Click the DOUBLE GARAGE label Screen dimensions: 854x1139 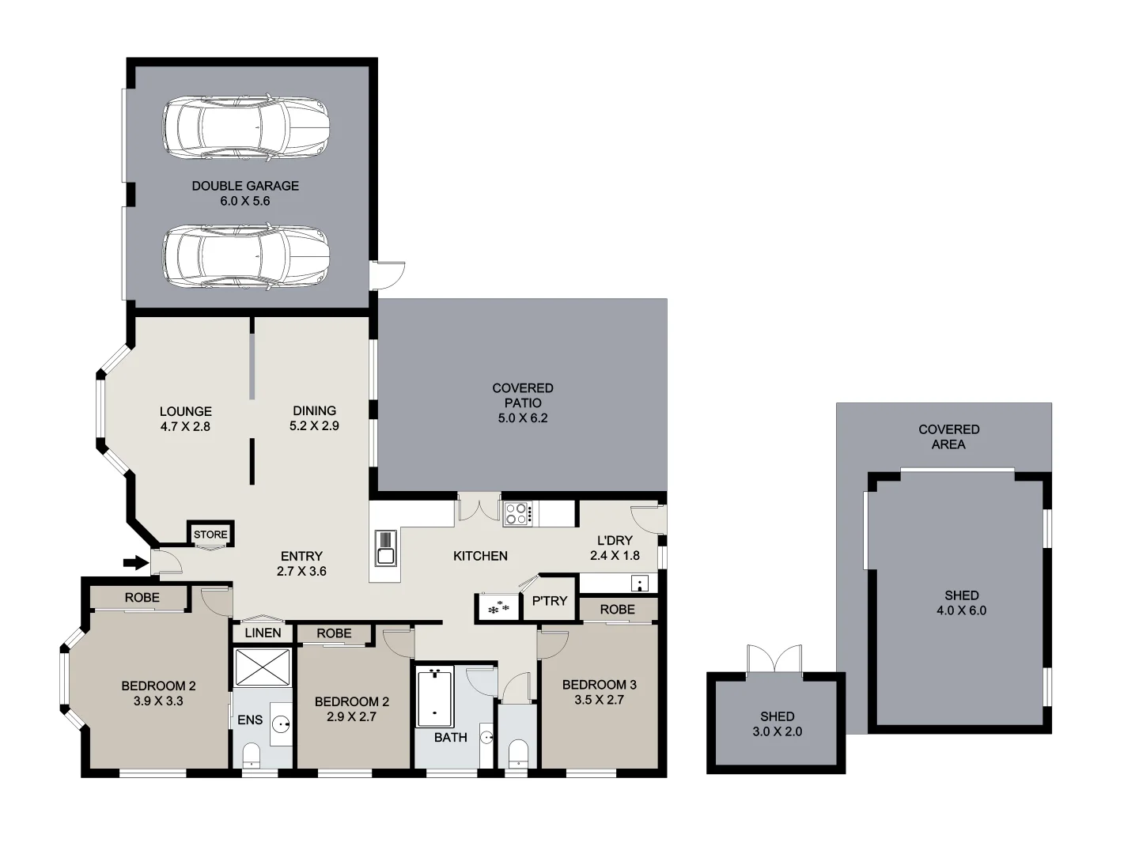click(x=245, y=186)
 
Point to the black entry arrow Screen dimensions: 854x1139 click(x=136, y=563)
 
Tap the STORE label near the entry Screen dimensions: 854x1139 click(x=210, y=535)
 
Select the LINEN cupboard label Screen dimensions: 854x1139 click(x=263, y=633)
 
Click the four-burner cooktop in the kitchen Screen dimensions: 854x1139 click(x=518, y=514)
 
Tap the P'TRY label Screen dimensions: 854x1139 click(x=550, y=601)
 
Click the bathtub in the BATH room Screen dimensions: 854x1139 click(x=434, y=697)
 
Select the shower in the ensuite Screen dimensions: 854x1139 click(x=263, y=667)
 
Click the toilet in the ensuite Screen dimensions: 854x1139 click(x=251, y=755)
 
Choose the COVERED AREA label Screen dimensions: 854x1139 click(x=948, y=436)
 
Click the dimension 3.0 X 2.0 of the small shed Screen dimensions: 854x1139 click(x=777, y=731)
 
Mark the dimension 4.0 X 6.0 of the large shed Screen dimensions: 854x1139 click(x=961, y=610)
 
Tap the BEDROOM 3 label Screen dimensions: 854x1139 click(x=599, y=685)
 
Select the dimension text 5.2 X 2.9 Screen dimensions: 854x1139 click(x=314, y=425)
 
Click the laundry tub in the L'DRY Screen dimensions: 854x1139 click(x=640, y=584)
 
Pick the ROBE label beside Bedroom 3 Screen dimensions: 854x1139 click(x=617, y=610)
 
